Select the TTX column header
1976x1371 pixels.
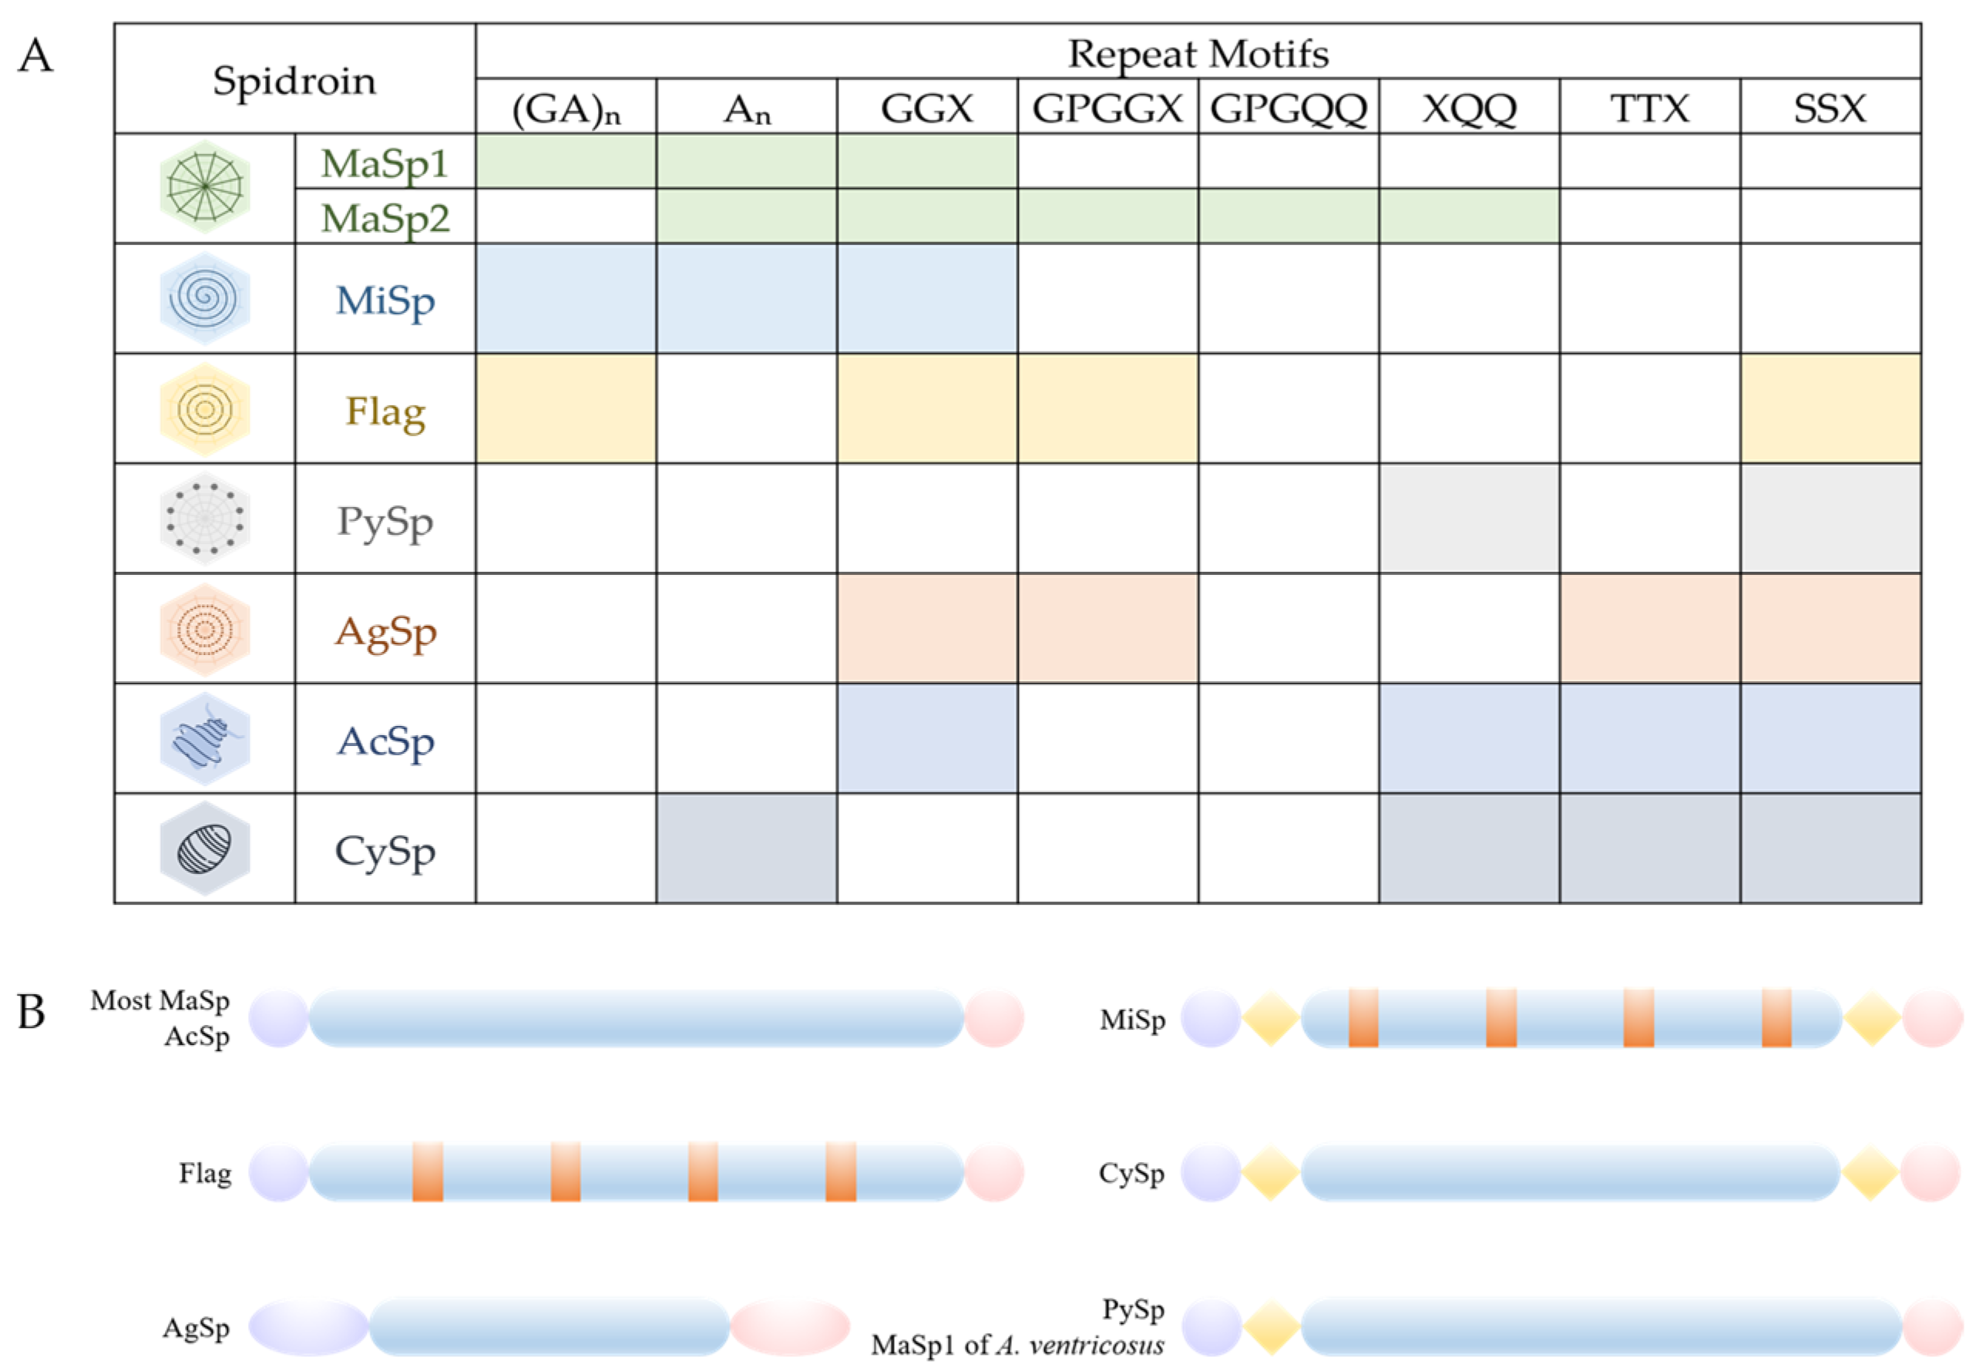coord(1648,108)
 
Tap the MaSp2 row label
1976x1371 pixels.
coord(385,217)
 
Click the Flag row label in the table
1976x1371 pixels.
coord(385,411)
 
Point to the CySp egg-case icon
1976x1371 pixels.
coord(204,848)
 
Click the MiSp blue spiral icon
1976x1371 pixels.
coord(204,298)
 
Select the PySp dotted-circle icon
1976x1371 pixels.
coord(204,518)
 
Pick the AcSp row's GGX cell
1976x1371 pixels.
coord(926,738)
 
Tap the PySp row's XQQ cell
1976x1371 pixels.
coord(1468,518)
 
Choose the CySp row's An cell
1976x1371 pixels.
coord(746,848)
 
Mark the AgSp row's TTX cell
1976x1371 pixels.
coord(1648,628)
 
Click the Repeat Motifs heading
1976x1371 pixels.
coord(1198,53)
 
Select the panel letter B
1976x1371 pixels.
coord(32,1012)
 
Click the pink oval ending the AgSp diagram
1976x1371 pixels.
coord(789,1327)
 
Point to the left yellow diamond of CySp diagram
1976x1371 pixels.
coord(1270,1173)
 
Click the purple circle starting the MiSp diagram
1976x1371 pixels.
coord(1210,1019)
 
